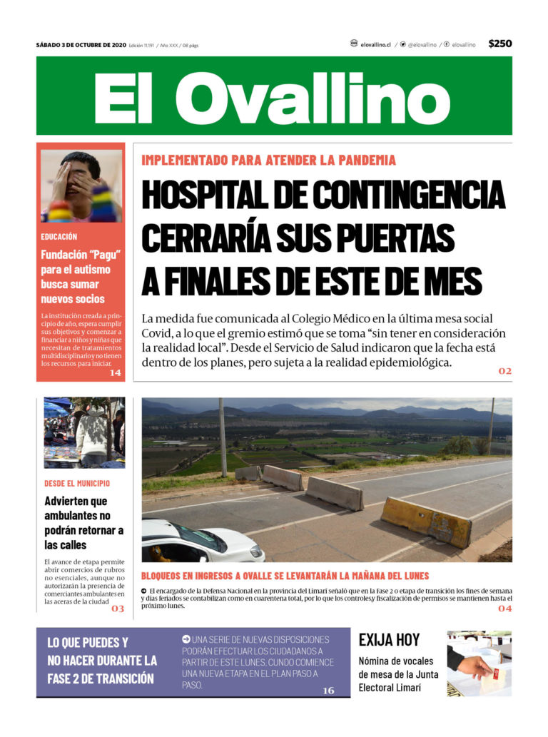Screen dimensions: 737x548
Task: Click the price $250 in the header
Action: (x=499, y=44)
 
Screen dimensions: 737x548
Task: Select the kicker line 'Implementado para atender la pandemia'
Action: (x=268, y=161)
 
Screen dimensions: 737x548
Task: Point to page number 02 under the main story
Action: (x=504, y=371)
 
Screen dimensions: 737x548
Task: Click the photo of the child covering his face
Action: (x=81, y=185)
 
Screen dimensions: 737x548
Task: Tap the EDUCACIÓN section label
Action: (x=59, y=236)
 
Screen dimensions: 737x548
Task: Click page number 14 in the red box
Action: (x=115, y=372)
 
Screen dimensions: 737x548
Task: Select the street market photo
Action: (x=83, y=432)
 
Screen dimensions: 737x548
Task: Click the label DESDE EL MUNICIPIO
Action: (x=77, y=483)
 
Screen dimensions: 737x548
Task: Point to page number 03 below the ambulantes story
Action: (x=117, y=609)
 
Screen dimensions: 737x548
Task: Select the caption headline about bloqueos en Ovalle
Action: (x=285, y=576)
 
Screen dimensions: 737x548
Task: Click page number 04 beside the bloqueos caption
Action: (x=504, y=609)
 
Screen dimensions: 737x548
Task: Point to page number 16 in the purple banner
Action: (x=328, y=690)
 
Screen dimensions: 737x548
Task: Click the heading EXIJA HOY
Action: (x=389, y=640)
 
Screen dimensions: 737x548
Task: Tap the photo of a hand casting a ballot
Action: (x=479, y=664)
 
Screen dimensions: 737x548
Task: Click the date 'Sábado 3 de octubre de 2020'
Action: (x=81, y=45)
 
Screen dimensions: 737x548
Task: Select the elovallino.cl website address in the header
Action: (x=375, y=44)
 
